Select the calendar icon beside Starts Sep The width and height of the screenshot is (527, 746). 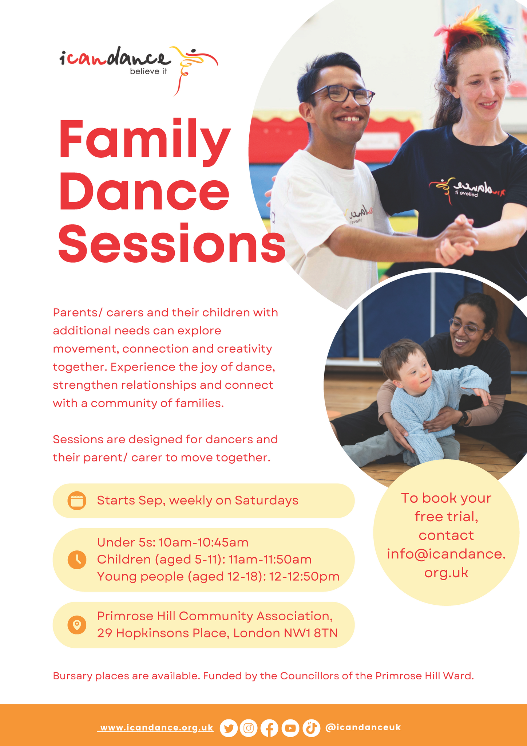click(77, 500)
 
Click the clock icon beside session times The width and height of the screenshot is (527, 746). click(77, 559)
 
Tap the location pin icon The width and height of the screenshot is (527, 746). click(77, 625)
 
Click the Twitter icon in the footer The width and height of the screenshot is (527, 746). click(229, 728)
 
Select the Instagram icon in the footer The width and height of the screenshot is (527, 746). click(249, 728)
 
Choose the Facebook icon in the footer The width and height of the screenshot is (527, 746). click(269, 728)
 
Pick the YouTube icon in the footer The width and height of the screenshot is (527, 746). click(290, 728)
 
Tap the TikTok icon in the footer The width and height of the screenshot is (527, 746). click(311, 728)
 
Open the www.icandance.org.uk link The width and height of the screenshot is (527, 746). click(156, 728)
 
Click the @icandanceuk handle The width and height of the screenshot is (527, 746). click(363, 727)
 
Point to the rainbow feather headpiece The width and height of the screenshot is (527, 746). click(473, 29)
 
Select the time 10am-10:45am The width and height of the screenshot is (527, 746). click(204, 542)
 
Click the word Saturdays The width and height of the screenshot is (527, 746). click(266, 500)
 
